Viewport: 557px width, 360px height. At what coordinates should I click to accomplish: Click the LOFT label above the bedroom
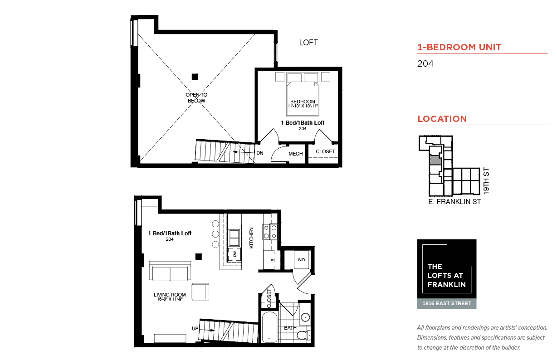click(308, 43)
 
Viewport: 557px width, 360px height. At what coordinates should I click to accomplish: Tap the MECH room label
click(295, 154)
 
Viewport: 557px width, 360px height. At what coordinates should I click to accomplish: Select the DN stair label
click(260, 153)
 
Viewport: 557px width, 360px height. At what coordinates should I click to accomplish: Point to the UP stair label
click(195, 328)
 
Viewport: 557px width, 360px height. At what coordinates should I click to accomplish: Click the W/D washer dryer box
click(301, 259)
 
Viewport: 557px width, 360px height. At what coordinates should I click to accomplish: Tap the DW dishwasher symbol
click(235, 254)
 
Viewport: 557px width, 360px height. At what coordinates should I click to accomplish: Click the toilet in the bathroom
click(303, 335)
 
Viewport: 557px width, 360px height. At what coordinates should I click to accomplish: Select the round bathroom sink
click(305, 317)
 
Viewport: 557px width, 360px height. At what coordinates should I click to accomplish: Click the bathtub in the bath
click(269, 327)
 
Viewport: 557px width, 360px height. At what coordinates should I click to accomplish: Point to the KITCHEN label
click(251, 238)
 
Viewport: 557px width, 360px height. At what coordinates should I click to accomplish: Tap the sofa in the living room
click(170, 271)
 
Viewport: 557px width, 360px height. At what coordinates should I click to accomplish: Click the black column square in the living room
click(198, 257)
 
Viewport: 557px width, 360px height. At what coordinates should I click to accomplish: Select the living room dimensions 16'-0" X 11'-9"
click(170, 299)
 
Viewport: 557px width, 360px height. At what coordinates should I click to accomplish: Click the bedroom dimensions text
click(303, 106)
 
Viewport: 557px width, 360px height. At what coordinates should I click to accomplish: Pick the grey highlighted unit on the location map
click(435, 160)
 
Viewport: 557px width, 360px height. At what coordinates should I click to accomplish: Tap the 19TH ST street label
click(486, 181)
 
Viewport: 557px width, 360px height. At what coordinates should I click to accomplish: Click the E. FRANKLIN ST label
click(454, 202)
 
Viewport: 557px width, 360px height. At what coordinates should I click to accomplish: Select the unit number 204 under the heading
click(425, 64)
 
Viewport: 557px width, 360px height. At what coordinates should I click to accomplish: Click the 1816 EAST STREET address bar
click(447, 303)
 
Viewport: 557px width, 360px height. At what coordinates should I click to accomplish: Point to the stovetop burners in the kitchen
click(270, 232)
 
